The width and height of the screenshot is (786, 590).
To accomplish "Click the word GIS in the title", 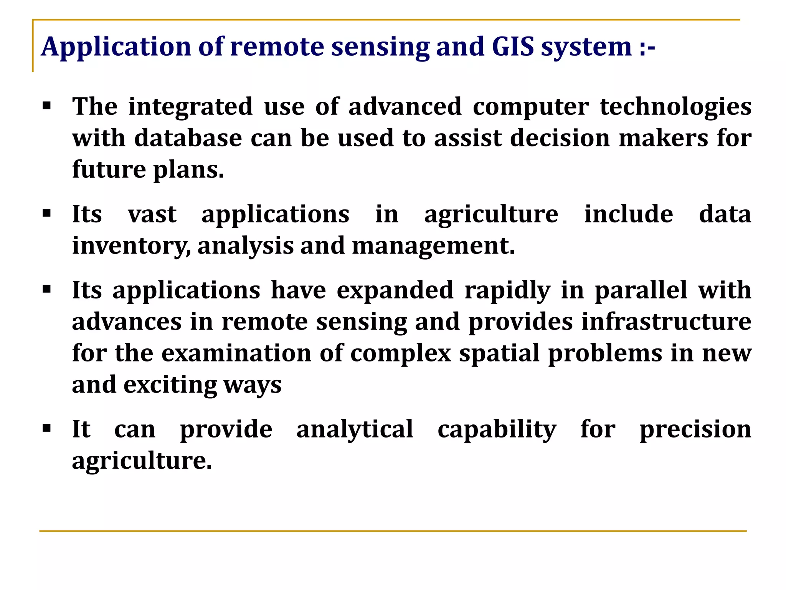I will click(x=513, y=47).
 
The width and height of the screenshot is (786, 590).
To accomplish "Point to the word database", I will click(x=188, y=138).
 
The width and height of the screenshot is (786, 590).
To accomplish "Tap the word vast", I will click(x=152, y=214).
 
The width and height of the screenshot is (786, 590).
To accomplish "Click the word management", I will click(x=433, y=246).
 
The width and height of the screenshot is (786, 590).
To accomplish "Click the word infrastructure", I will click(x=666, y=322).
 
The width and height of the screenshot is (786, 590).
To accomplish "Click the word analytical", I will click(x=355, y=429).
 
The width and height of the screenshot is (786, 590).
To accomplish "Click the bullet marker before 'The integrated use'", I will click(x=47, y=106).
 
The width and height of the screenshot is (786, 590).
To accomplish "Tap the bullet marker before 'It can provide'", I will click(x=47, y=428).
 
